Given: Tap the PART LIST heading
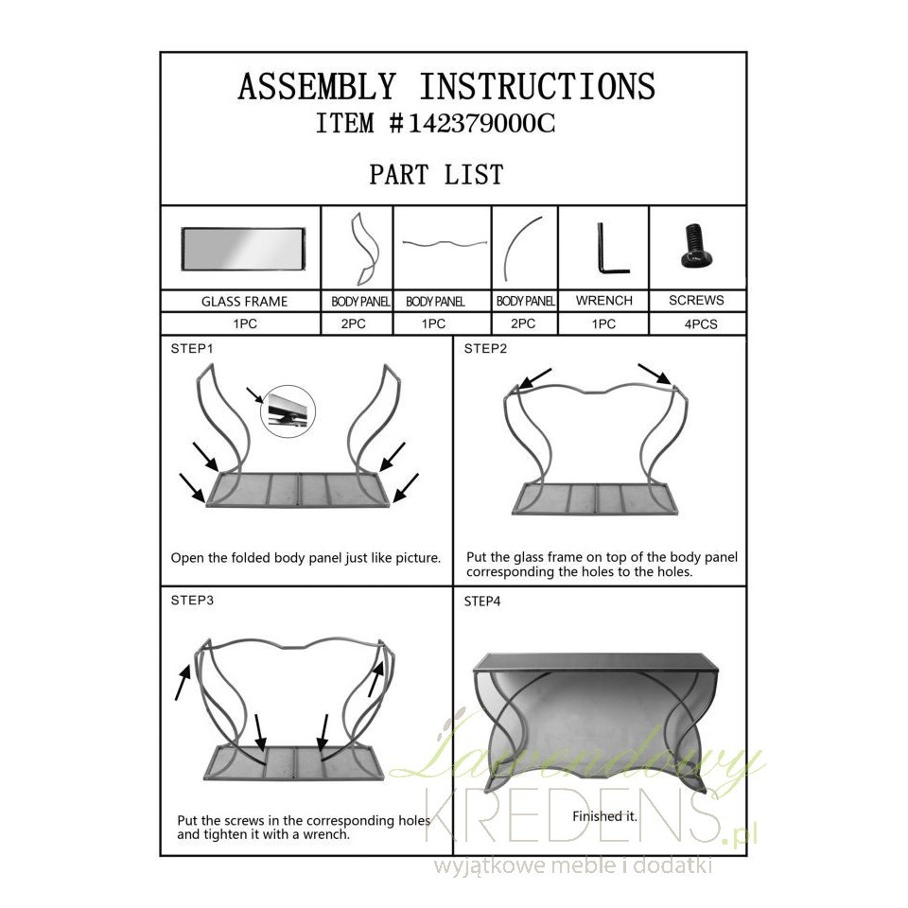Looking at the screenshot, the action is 437,175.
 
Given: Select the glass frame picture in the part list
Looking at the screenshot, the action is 243,249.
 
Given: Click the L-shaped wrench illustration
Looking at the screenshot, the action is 613,248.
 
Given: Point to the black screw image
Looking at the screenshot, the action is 697,246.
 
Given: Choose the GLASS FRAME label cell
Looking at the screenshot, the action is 244,302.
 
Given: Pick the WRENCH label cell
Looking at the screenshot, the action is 603,301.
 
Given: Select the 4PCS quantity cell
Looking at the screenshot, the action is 700,324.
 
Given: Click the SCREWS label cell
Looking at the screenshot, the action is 696,301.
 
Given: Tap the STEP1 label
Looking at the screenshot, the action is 192,349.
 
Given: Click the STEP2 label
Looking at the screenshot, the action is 485,349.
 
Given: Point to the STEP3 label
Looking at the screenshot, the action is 192,601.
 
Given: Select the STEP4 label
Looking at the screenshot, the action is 481,602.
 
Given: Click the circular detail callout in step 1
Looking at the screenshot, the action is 288,411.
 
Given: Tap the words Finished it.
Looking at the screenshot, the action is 604,816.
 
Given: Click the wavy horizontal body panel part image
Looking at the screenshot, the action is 445,244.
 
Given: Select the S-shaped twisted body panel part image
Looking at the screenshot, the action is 365,249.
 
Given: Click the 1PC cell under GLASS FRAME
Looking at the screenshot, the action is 244,324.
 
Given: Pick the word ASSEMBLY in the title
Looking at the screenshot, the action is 317,87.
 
